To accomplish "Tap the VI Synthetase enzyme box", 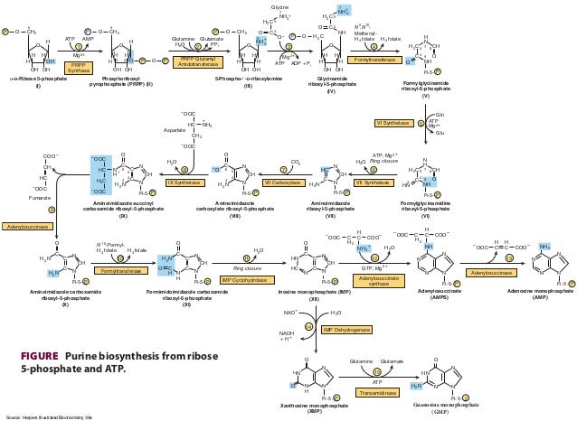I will point(392,122).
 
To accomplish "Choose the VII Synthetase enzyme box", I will point(372,182).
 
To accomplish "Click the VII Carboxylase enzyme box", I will point(281,182).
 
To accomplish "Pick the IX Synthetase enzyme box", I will point(183,182).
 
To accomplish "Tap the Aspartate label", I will point(150,130).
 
